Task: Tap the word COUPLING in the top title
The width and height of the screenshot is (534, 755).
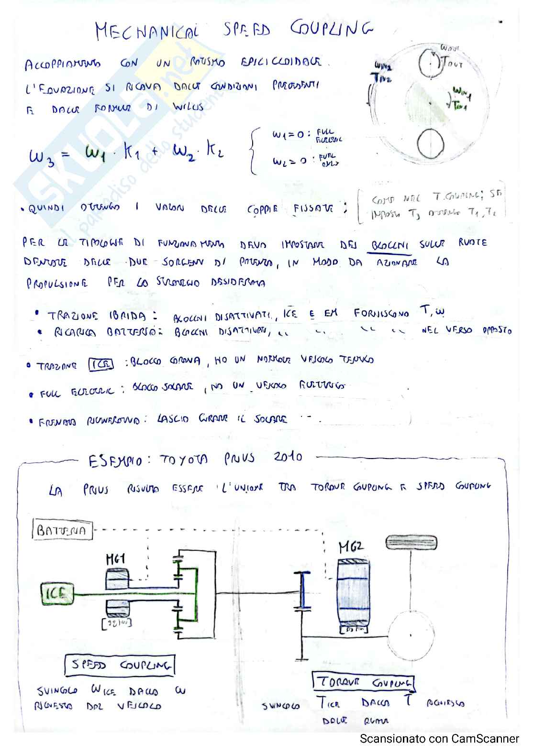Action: point(332,29)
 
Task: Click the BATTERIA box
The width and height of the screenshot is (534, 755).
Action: point(62,530)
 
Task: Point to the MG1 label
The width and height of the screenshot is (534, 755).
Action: point(115,558)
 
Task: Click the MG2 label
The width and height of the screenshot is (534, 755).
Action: point(351,547)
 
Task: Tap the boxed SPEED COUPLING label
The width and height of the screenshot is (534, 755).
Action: point(120,665)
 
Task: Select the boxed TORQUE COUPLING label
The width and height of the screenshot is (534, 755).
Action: point(364,682)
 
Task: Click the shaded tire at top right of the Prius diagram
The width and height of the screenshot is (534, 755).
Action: point(411,542)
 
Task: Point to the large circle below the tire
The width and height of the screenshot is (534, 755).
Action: point(411,635)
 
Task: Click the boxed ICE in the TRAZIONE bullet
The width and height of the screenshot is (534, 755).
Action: point(101,365)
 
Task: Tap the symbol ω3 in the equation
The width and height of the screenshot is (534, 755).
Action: point(42,156)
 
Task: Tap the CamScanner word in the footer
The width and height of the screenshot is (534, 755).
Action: point(490,739)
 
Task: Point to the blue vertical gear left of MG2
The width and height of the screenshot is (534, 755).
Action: point(302,591)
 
